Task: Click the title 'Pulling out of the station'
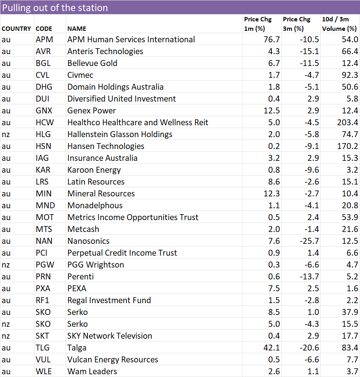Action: pos(55,8)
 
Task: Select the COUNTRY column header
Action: pos(16,28)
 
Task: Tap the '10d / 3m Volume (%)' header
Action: pos(339,24)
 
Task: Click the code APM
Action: pos(44,40)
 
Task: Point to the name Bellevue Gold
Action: pos(92,63)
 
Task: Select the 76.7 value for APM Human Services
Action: pos(271,40)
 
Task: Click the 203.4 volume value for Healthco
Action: pos(347,123)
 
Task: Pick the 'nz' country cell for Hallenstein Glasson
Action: pos(6,134)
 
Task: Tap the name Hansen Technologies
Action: pos(106,146)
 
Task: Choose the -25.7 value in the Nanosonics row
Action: pos(309,241)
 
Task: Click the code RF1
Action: pos(42,300)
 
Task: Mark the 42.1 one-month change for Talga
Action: pos(271,348)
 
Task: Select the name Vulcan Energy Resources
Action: pos(113,360)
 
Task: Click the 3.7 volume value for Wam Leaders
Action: pos(352,371)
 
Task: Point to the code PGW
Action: pos(45,265)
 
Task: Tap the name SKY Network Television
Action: pos(110,336)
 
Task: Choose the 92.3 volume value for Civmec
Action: pos(350,75)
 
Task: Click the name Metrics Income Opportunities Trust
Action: pos(133,217)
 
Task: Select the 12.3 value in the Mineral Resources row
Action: pos(271,194)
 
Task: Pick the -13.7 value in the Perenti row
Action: pos(309,277)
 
